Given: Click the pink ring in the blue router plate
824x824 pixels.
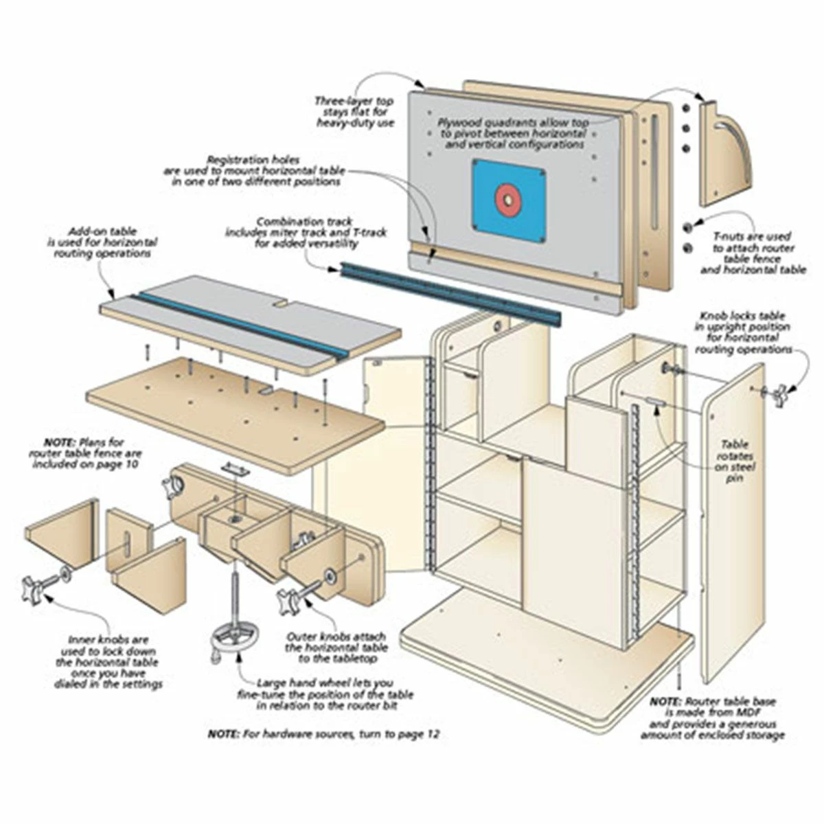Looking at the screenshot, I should tap(507, 198).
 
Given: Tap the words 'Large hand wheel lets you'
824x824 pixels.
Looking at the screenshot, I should tap(325, 683).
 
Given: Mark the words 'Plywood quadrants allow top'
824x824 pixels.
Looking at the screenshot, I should tap(514, 123).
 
